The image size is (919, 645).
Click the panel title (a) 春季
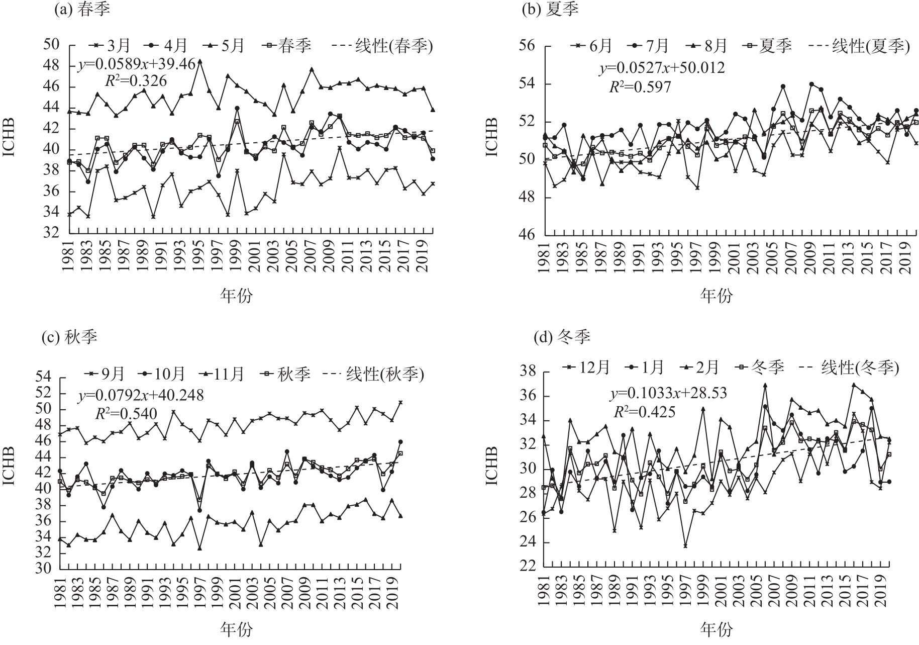82,10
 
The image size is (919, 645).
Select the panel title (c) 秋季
69,336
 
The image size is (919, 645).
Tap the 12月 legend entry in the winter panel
586,367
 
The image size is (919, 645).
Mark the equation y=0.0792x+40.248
141,395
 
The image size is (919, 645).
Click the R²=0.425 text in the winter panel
645,412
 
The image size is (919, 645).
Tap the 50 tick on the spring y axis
51,45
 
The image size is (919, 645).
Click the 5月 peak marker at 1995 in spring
199,61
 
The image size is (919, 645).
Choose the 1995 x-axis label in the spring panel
199,256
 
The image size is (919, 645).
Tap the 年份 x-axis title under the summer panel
716,296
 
